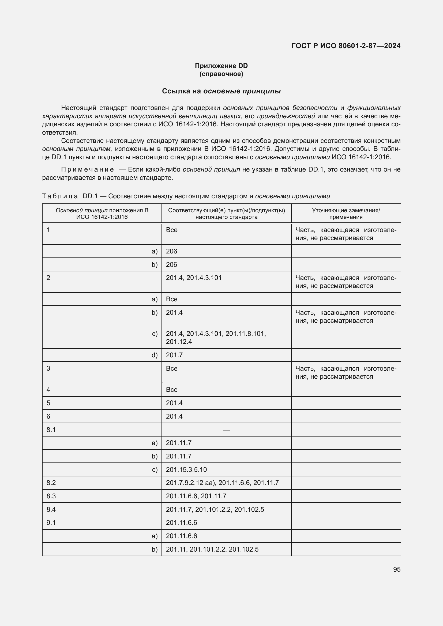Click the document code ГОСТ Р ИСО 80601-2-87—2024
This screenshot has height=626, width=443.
coord(346,46)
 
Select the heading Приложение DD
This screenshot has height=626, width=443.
coord(221,66)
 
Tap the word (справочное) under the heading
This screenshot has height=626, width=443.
coord(221,74)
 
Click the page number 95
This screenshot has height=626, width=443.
coord(397,569)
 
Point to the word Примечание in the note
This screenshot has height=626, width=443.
coord(88,170)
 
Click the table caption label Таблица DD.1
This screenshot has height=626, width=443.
coord(70,196)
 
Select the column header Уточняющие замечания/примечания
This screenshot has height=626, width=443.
coord(346,214)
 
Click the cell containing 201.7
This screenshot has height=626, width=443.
coord(174,355)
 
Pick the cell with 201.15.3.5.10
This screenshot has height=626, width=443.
coord(186,469)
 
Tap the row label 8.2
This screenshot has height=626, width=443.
coord(51,483)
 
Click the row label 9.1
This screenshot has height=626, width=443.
coord(51,523)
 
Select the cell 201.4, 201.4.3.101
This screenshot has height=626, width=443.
coord(194,278)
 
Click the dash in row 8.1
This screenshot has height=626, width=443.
coord(226,430)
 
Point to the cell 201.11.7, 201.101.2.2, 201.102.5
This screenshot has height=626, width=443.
coord(215,509)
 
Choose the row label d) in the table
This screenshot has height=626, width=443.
coord(154,355)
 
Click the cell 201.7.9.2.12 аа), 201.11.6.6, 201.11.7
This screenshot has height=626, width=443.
coord(222,483)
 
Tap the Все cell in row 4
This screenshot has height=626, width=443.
coord(172,390)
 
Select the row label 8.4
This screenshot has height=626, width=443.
coord(51,509)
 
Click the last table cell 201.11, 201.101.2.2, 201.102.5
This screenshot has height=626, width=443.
coord(212,549)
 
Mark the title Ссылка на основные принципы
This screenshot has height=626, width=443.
coord(221,91)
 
